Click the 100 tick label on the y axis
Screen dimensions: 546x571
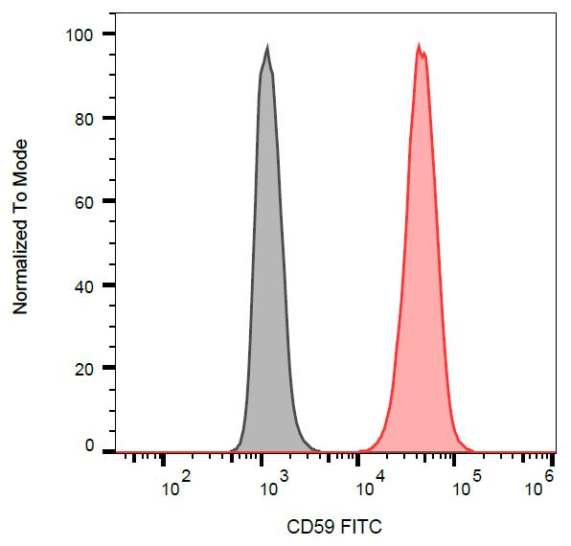(x=78, y=34)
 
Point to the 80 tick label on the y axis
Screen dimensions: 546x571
(x=82, y=119)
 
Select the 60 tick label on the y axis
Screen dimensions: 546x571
(x=82, y=202)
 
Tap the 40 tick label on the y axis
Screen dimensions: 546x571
(x=82, y=285)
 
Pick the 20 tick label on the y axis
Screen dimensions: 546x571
(x=82, y=369)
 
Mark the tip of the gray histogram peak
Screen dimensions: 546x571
(x=267, y=46)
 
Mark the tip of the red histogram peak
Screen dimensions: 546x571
(x=419, y=44)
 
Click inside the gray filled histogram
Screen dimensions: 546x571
(x=267, y=287)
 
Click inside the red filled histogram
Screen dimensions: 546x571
(x=420, y=287)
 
